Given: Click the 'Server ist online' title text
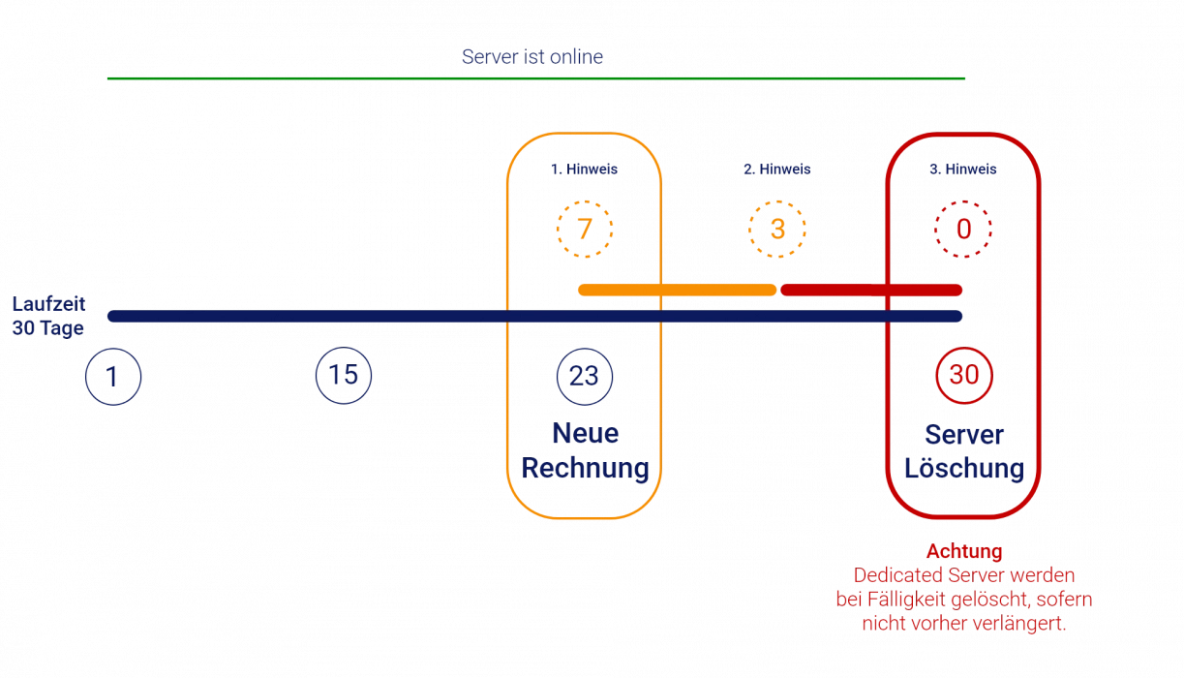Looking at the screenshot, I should pos(532,57).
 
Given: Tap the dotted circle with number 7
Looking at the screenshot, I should pos(584,230).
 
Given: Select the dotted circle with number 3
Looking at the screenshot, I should pos(777,231).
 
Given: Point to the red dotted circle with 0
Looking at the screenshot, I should pos(962,231).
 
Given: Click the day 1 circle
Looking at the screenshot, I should pos(112,376).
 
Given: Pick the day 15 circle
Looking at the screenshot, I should pos(344,375).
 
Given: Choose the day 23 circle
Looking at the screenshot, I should pos(584,375).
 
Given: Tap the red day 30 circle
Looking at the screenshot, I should pos(964,375).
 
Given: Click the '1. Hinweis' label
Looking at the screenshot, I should pos(584,169).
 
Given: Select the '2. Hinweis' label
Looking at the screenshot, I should pos(777,169).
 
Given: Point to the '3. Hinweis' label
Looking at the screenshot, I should pos(963,169).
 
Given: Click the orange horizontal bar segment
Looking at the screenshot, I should pos(677,290).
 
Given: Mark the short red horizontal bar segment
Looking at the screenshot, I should pos(870,290).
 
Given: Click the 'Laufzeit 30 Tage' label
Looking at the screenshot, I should pos(48,316).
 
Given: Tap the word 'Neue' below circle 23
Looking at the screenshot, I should pos(584,432).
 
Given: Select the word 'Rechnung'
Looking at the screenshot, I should pos(584,469).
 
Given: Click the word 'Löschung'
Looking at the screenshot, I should pos(964,469).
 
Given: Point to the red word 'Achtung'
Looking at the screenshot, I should pos(964,553).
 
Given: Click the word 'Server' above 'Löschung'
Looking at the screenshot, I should pos(964,433).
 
